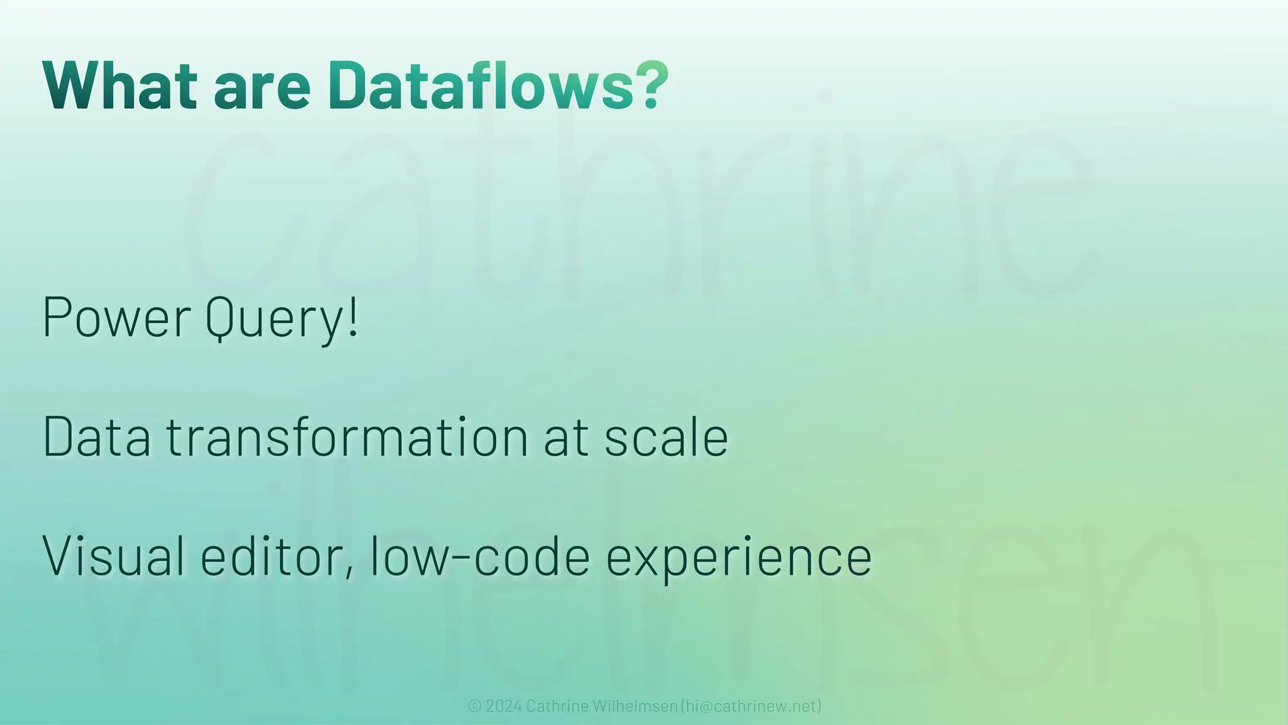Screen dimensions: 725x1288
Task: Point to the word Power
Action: (x=116, y=317)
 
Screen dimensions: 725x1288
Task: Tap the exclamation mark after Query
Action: (x=353, y=316)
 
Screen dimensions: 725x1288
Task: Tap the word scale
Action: (x=666, y=437)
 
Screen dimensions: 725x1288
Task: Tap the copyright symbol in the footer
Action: (x=475, y=706)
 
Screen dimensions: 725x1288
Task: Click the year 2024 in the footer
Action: (x=504, y=706)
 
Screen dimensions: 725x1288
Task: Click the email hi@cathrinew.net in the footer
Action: (x=751, y=706)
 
